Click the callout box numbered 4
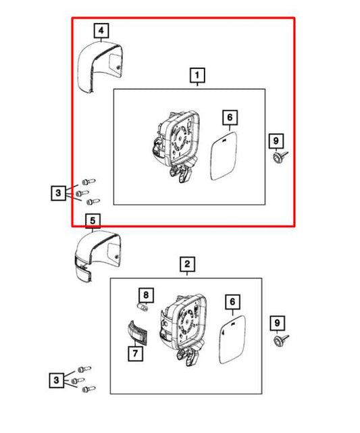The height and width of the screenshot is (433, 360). tap(101, 30)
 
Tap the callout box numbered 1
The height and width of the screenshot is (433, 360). tap(197, 75)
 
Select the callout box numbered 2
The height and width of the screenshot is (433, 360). tap(187, 264)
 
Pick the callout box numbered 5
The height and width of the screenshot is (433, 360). tap(93, 221)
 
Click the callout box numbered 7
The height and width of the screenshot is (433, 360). tap(135, 353)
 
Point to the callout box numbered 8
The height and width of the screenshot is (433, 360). tap(146, 295)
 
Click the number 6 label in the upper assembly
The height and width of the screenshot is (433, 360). tap(230, 118)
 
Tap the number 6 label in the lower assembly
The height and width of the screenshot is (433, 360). tap(232, 301)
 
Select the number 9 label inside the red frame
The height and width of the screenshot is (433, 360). tap(276, 141)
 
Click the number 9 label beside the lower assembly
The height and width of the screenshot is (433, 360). tap(277, 322)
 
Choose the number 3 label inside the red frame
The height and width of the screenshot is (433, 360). tap(58, 193)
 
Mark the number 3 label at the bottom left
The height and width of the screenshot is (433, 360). tap(57, 380)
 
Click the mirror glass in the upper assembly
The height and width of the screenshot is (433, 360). tap(224, 156)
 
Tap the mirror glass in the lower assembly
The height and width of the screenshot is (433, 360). tap(232, 340)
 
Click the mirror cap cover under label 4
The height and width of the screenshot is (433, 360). tap(99, 66)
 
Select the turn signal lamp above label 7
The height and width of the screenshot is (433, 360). tap(137, 332)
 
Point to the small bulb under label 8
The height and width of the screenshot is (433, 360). tap(143, 307)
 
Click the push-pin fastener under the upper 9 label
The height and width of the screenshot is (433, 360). tap(280, 157)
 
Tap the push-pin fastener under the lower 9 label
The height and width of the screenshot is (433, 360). tap(280, 340)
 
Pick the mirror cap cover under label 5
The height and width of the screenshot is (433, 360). tap(97, 255)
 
